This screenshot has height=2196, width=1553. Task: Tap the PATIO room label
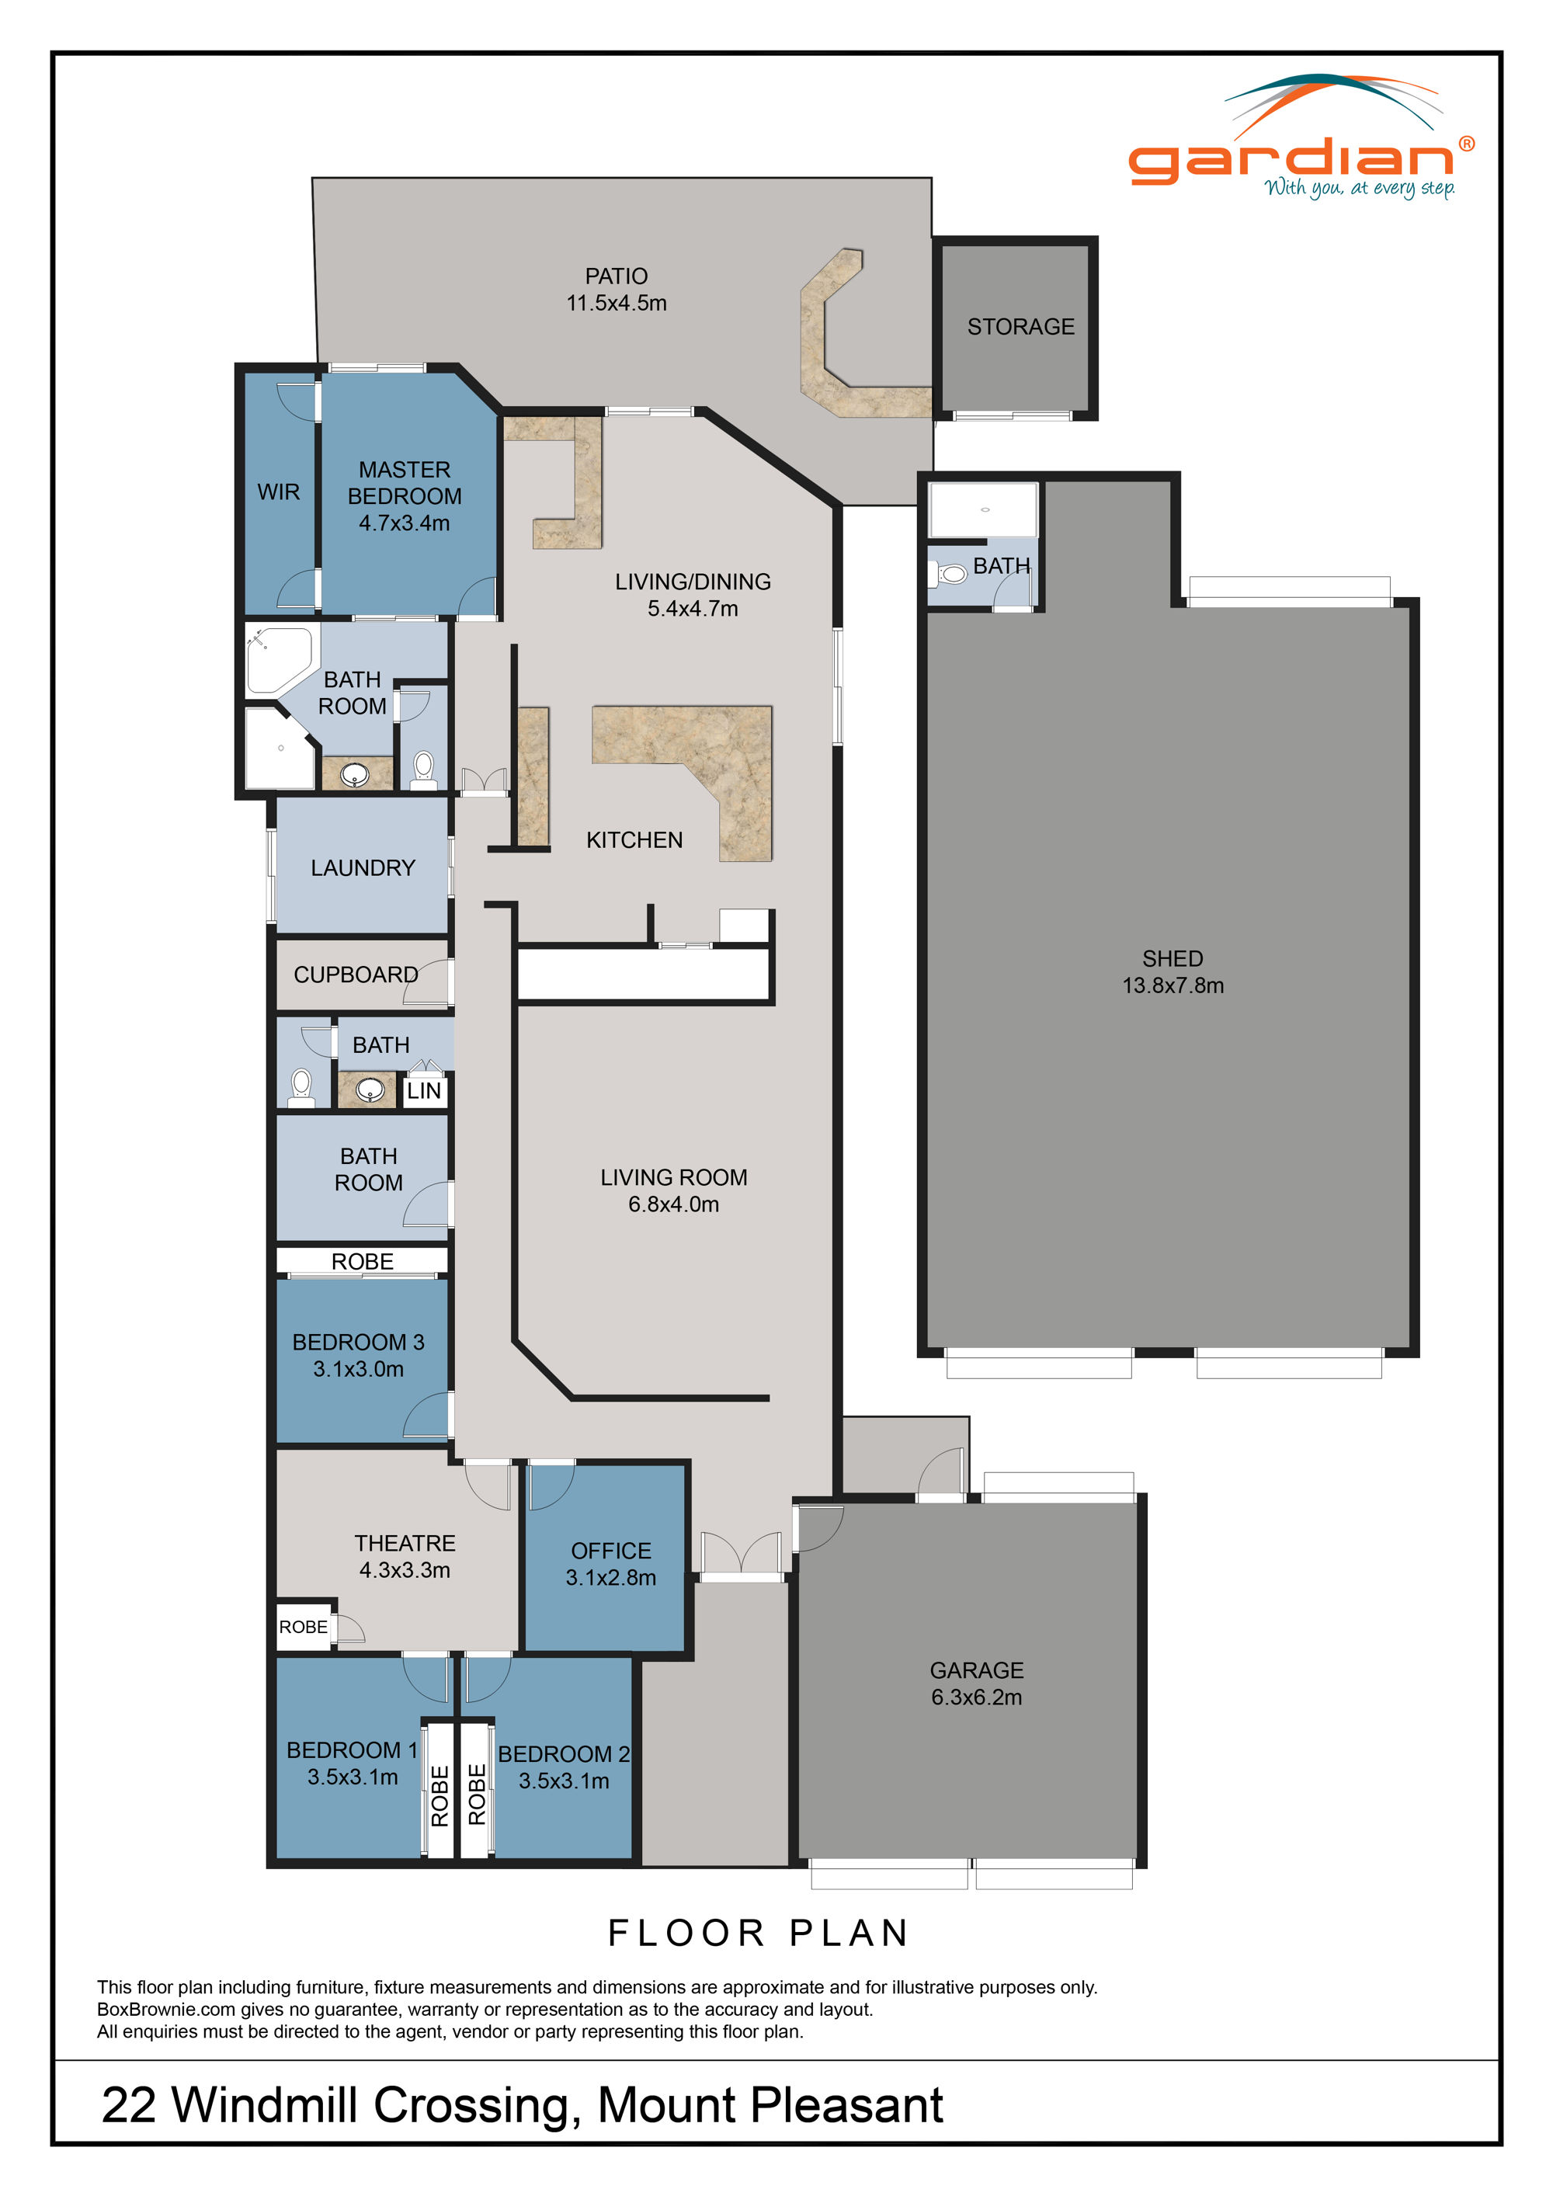point(616,276)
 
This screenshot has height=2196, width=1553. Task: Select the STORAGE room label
point(1020,327)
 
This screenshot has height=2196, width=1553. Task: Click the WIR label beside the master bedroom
point(278,492)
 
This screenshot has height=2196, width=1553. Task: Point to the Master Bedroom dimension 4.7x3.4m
point(404,523)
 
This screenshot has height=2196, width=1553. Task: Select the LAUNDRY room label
point(363,867)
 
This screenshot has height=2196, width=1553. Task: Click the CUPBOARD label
point(355,975)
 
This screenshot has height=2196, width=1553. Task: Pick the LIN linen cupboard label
point(424,1091)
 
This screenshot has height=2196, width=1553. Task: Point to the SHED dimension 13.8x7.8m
point(1173,986)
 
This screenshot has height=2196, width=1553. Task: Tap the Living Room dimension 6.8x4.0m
point(673,1204)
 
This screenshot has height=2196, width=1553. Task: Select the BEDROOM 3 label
point(358,1342)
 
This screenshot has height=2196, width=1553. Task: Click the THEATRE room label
point(405,1544)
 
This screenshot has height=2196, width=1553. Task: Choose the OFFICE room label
point(610,1551)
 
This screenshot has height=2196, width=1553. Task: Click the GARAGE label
point(976,1671)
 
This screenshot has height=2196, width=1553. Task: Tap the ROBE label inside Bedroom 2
point(476,1795)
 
